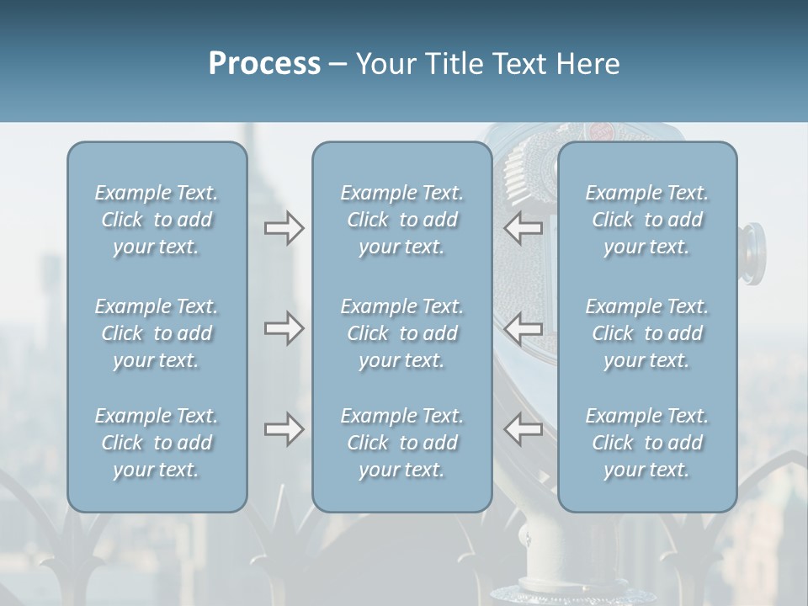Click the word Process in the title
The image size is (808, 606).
coord(264,64)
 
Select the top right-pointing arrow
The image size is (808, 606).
coord(284,227)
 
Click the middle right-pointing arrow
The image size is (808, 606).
coord(284,327)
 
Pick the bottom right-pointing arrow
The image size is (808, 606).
coord(284,429)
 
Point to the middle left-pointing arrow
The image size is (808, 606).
coord(524,327)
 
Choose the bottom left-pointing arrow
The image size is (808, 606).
coord(524,429)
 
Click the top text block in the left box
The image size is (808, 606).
coord(157,220)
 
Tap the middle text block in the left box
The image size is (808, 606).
coord(157,333)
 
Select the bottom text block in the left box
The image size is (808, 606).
coord(157,443)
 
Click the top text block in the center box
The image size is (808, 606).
coord(402,220)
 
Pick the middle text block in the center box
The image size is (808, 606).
coord(402,333)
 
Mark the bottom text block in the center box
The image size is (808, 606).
coord(402,443)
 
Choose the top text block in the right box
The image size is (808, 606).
coord(647,220)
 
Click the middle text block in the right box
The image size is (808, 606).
coord(647,333)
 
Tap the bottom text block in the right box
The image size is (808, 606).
coord(647,443)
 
